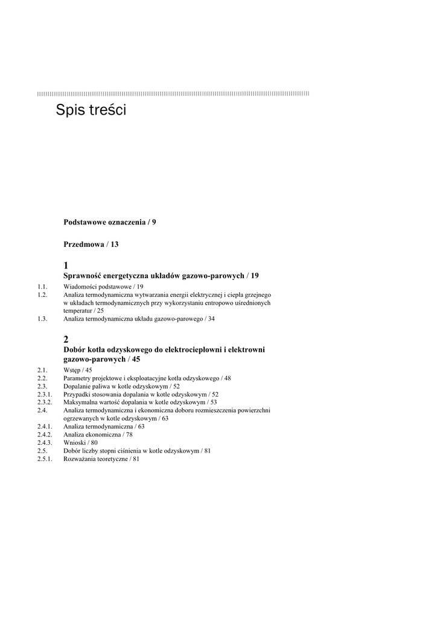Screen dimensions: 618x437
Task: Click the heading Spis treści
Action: click(91, 110)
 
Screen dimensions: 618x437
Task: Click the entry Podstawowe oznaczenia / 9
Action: click(110, 222)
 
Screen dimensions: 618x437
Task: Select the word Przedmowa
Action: click(84, 244)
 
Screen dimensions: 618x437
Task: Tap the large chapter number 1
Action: click(66, 266)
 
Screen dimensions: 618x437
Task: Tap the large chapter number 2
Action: click(66, 340)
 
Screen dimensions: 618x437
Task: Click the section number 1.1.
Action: click(42, 287)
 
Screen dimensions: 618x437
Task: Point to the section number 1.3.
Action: click(42, 319)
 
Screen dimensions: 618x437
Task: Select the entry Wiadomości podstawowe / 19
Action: click(103, 287)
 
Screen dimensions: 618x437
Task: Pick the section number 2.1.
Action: click(42, 370)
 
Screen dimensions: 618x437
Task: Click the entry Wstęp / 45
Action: click(78, 370)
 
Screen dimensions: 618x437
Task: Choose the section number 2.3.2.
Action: click(45, 402)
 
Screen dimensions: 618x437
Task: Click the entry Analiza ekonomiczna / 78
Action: click(98, 435)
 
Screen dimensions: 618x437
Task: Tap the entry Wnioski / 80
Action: click(80, 442)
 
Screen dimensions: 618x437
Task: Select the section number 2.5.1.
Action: click(45, 459)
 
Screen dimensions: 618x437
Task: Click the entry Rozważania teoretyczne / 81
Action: click(101, 459)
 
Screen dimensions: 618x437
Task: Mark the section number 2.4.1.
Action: click(45, 426)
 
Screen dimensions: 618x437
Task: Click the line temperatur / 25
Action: click(83, 311)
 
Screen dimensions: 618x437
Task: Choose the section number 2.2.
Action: click(42, 378)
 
